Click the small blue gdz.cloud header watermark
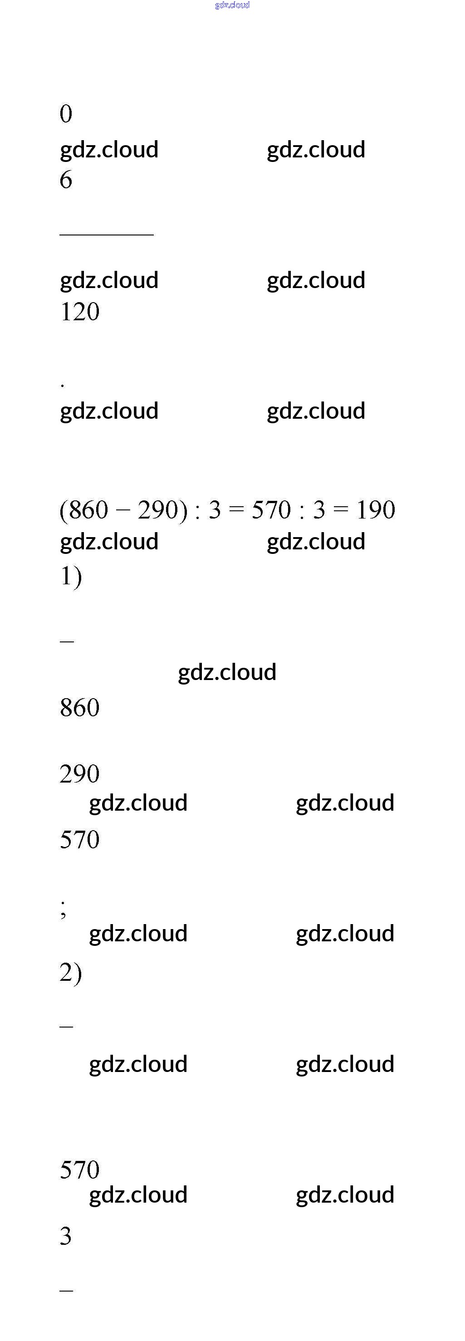(x=232, y=5)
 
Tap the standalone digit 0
(x=66, y=114)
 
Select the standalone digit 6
(x=66, y=180)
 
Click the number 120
(x=80, y=312)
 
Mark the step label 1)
(x=71, y=577)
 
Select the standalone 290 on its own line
(x=80, y=774)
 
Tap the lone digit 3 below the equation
(x=66, y=1236)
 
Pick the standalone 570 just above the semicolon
(x=80, y=840)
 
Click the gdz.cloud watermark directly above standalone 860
(x=227, y=672)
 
